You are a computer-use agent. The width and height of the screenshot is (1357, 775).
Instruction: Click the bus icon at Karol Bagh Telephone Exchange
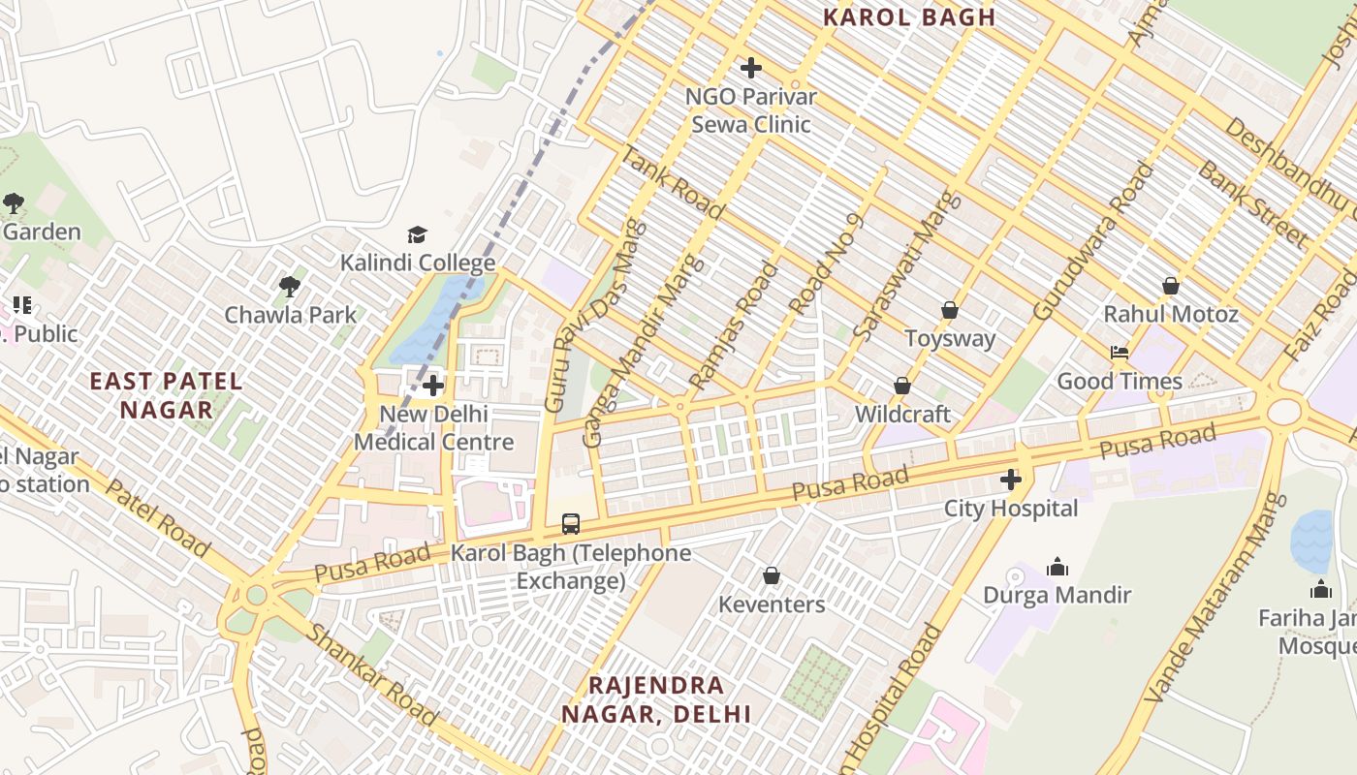(571, 524)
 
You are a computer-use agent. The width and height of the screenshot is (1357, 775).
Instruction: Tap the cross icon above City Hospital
(1011, 479)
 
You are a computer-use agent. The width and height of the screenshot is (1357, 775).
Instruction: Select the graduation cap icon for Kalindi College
(417, 234)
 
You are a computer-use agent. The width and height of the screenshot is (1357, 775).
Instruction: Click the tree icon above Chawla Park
(289, 286)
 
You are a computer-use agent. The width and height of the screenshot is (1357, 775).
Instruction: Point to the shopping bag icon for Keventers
(772, 575)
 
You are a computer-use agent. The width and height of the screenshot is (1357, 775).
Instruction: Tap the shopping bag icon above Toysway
(950, 310)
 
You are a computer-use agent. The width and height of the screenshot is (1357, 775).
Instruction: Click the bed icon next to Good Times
(1120, 353)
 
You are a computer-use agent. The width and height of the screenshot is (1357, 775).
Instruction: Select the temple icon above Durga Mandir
(1057, 566)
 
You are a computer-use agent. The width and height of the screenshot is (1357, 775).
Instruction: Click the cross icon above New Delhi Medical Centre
(433, 386)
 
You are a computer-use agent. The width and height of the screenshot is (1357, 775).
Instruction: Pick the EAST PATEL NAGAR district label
(166, 394)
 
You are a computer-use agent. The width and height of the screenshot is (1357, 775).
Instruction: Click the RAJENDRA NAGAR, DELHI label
(656, 699)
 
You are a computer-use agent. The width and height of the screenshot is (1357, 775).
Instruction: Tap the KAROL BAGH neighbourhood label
(909, 16)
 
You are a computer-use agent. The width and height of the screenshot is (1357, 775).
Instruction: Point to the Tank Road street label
(672, 182)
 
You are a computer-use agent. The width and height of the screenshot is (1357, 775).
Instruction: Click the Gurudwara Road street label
(1095, 242)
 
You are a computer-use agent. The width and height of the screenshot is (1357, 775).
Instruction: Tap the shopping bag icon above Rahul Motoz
(1171, 286)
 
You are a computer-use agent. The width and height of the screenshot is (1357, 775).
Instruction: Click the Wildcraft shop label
(902, 414)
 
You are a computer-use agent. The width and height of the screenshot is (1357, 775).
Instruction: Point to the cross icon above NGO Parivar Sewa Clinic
(750, 68)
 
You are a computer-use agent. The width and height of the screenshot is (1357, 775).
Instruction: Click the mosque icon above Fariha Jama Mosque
(1321, 589)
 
